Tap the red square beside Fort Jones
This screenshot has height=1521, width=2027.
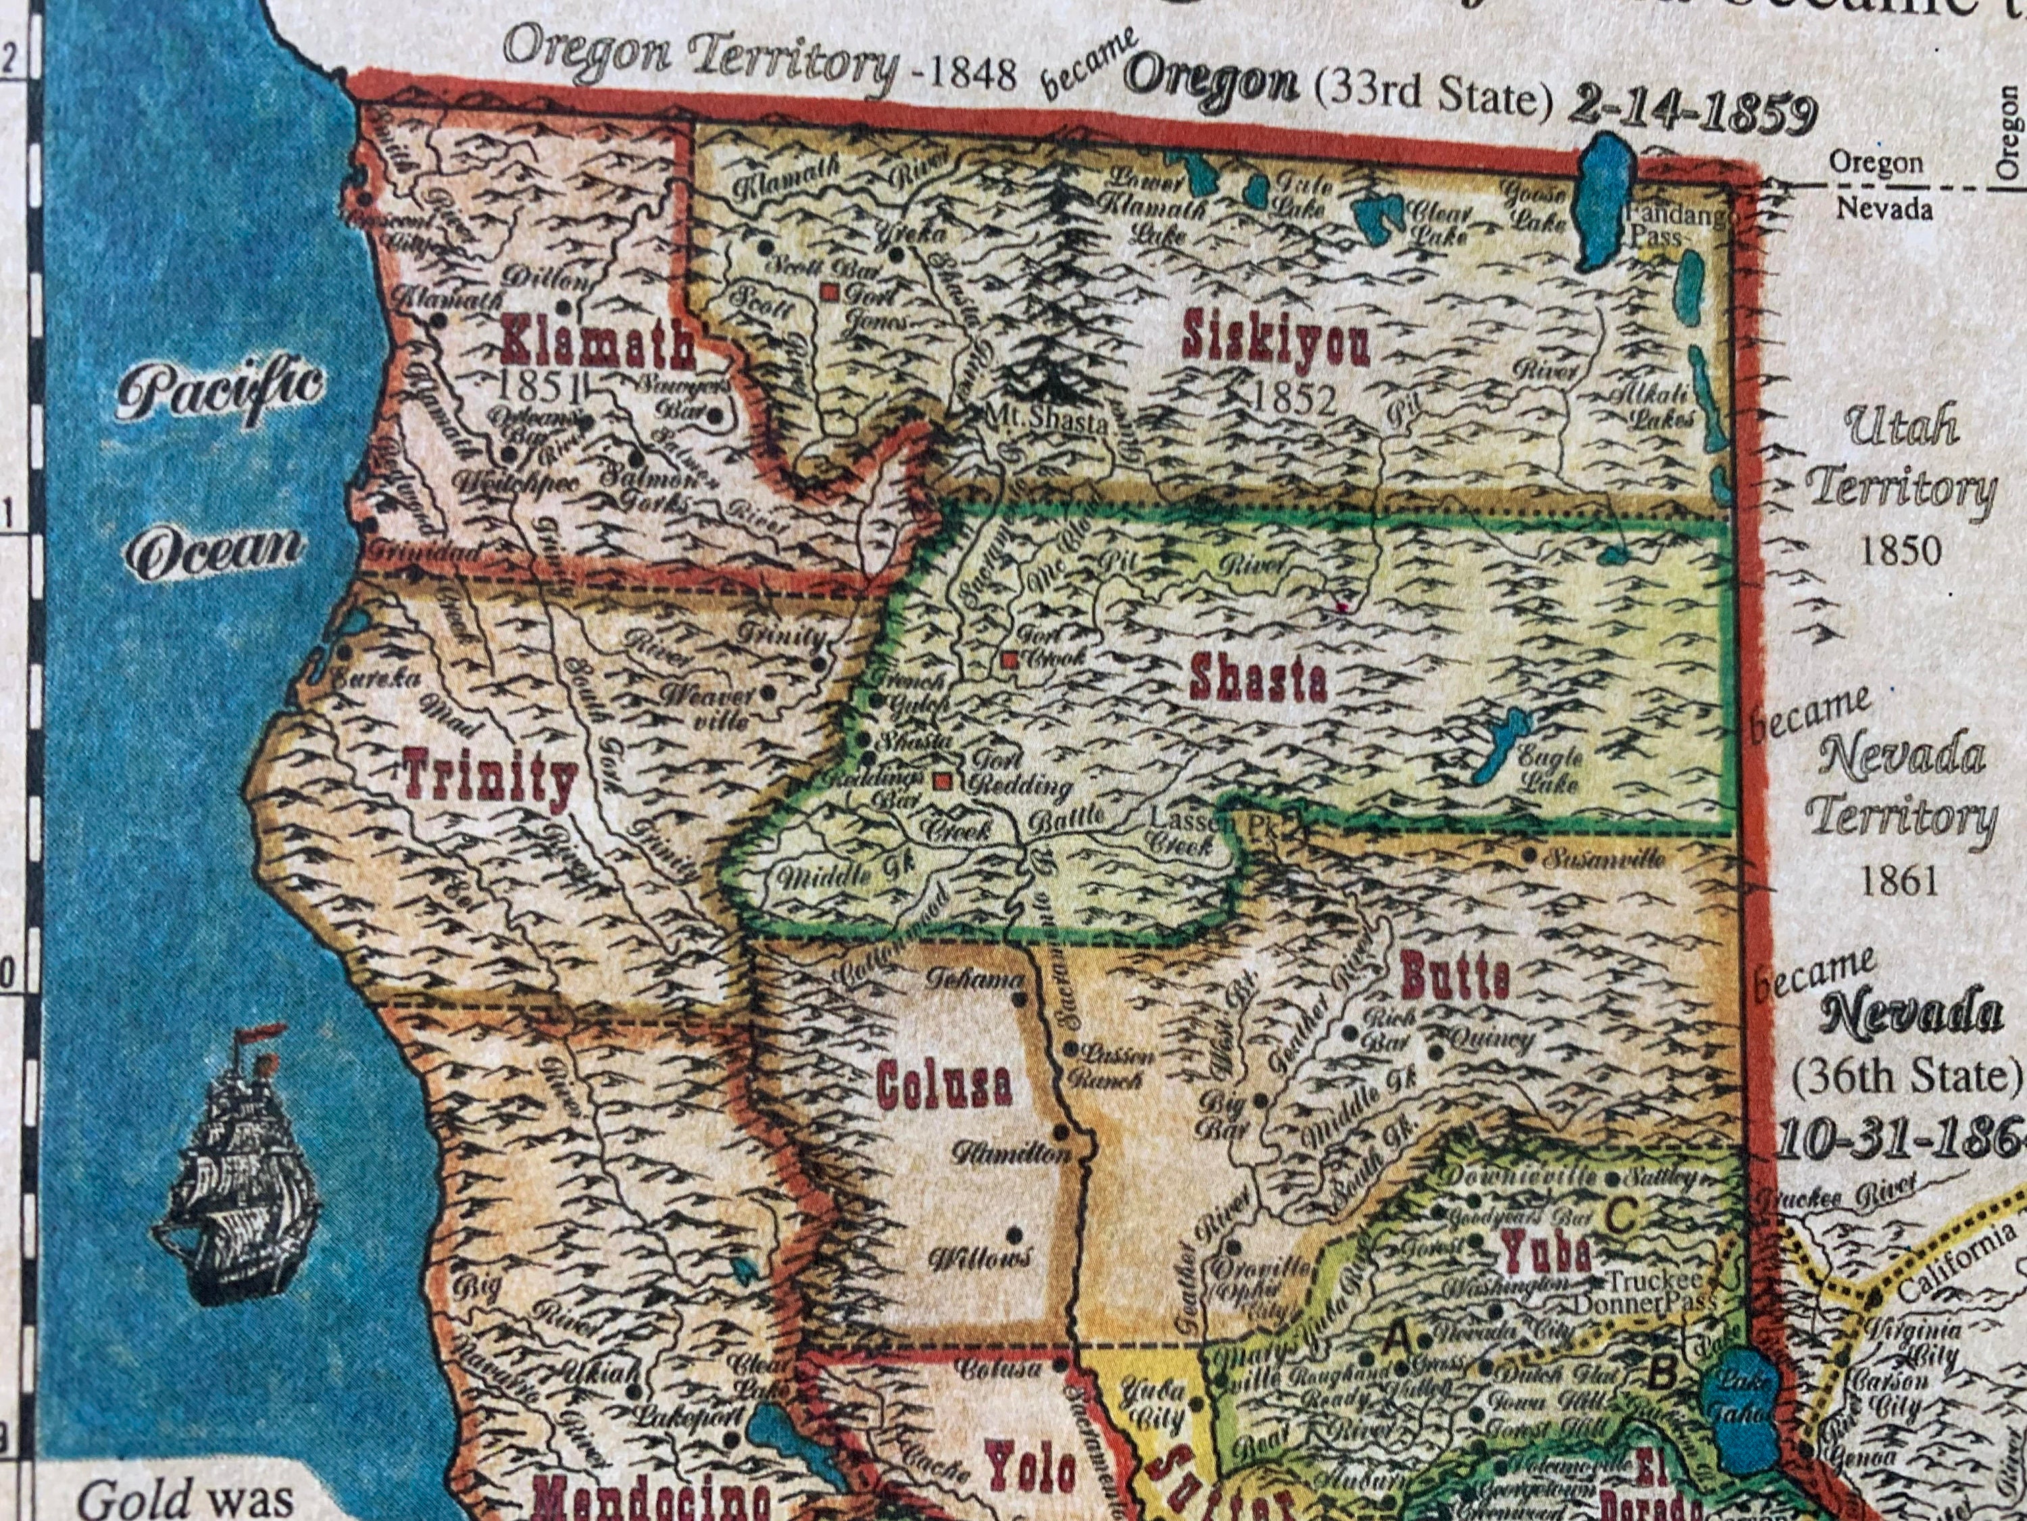point(830,293)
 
